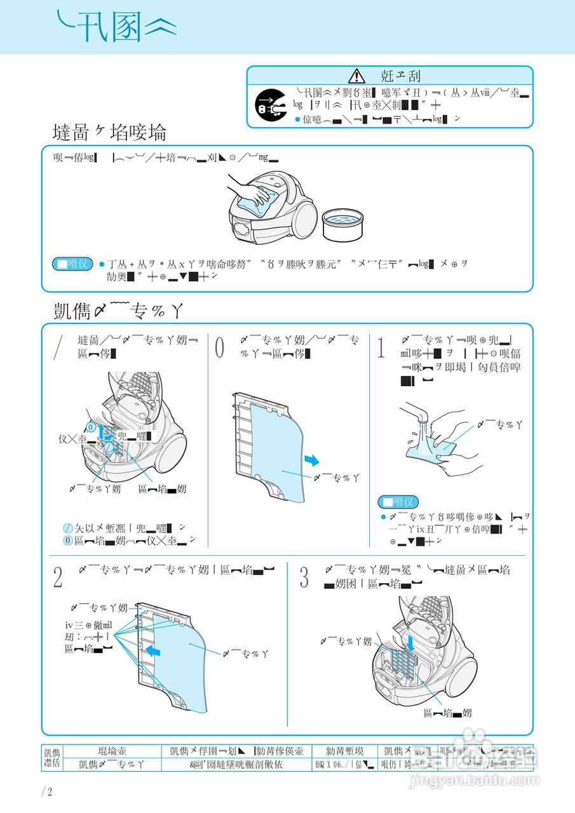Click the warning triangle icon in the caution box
[x=357, y=76]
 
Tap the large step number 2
[x=58, y=577]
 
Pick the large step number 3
[x=304, y=577]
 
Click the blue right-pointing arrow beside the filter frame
[x=311, y=459]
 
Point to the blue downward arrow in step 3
[x=412, y=643]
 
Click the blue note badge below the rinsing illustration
[x=398, y=502]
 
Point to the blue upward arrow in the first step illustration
[x=100, y=433]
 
